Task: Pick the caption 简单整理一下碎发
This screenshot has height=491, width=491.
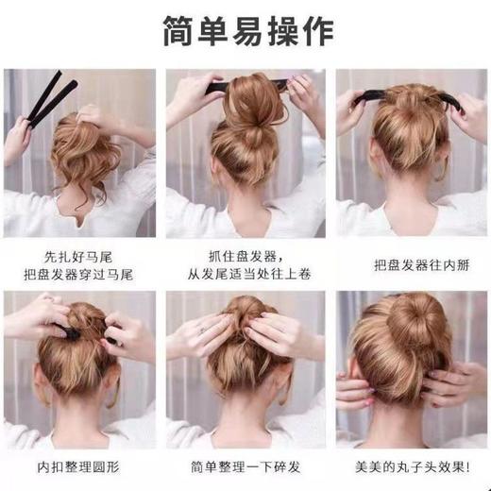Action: click(245, 468)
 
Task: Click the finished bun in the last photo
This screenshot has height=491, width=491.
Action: click(420, 335)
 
